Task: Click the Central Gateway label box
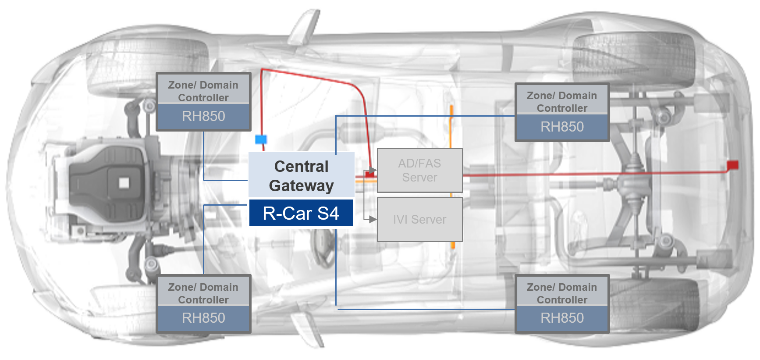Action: [301, 175]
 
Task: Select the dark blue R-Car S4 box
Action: [301, 213]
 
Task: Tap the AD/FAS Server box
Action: [419, 170]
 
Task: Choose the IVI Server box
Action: [419, 219]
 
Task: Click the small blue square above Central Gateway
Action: [261, 139]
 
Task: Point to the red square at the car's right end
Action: [732, 165]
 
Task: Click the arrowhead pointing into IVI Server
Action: [373, 219]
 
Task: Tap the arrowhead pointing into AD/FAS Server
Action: [373, 170]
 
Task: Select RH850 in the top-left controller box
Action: [203, 116]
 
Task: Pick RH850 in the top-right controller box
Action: [562, 127]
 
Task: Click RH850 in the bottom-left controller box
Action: [203, 318]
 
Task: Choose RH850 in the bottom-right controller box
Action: [562, 318]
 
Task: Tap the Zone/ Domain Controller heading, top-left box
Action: [203, 91]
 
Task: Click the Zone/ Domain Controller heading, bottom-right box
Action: [562, 293]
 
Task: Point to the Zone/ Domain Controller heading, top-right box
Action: [562, 102]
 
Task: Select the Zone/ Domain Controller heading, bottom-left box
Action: [203, 293]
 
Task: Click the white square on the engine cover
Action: [124, 182]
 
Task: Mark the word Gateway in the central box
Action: [301, 186]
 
